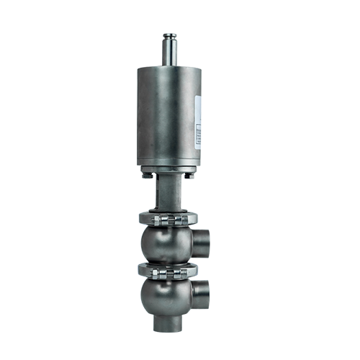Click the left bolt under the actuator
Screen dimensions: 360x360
pos(146,173)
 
